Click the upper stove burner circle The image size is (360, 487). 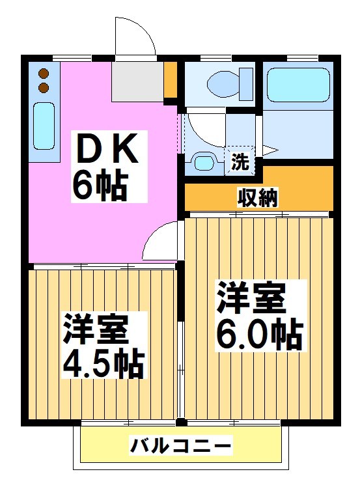[44, 74]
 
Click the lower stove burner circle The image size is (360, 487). [44, 87]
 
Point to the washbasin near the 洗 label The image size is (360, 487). [204, 161]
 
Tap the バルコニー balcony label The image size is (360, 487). [180, 447]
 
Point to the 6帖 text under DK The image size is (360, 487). [98, 186]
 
